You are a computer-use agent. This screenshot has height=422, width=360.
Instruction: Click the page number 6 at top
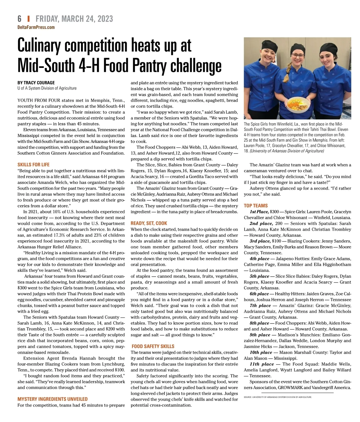tap(19, 19)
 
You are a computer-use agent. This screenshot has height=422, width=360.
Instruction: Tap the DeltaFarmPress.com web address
tap(36, 27)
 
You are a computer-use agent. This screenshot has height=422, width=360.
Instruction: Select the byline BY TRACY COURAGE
tap(36, 83)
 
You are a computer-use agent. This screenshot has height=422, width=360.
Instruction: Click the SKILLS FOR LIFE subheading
tap(34, 165)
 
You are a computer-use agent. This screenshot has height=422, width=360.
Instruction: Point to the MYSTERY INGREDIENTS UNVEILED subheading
tap(52, 399)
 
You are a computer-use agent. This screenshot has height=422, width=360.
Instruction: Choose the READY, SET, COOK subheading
tap(149, 223)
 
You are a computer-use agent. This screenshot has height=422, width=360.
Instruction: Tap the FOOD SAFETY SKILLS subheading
tap(153, 346)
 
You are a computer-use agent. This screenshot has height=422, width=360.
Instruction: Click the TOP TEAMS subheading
tap(256, 206)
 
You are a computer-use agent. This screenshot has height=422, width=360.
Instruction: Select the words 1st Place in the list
tap(259, 212)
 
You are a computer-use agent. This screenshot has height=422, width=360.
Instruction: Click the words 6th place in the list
tap(259, 294)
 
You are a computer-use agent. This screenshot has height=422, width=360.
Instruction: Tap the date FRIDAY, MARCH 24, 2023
tap(74, 19)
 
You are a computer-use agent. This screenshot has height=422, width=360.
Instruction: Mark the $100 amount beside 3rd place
tap(277, 241)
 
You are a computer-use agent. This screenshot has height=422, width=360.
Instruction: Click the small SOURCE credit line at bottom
tap(278, 397)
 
